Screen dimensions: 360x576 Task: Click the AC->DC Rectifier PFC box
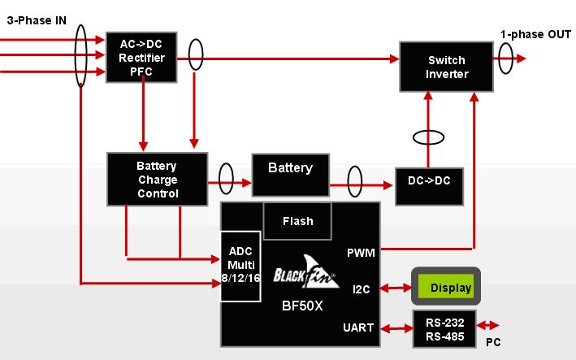(x=141, y=57)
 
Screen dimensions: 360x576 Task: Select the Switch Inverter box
(x=446, y=67)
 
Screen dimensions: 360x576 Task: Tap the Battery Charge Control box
(x=157, y=179)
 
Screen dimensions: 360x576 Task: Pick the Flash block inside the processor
(x=297, y=221)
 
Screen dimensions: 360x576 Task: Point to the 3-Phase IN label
(x=37, y=20)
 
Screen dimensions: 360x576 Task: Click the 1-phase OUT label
(x=535, y=34)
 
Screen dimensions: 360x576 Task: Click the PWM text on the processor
(x=360, y=253)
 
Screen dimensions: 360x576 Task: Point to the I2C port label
(x=362, y=288)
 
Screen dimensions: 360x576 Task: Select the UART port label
(x=358, y=327)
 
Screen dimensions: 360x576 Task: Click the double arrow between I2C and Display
(x=397, y=288)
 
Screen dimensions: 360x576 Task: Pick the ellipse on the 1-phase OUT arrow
(x=506, y=58)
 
